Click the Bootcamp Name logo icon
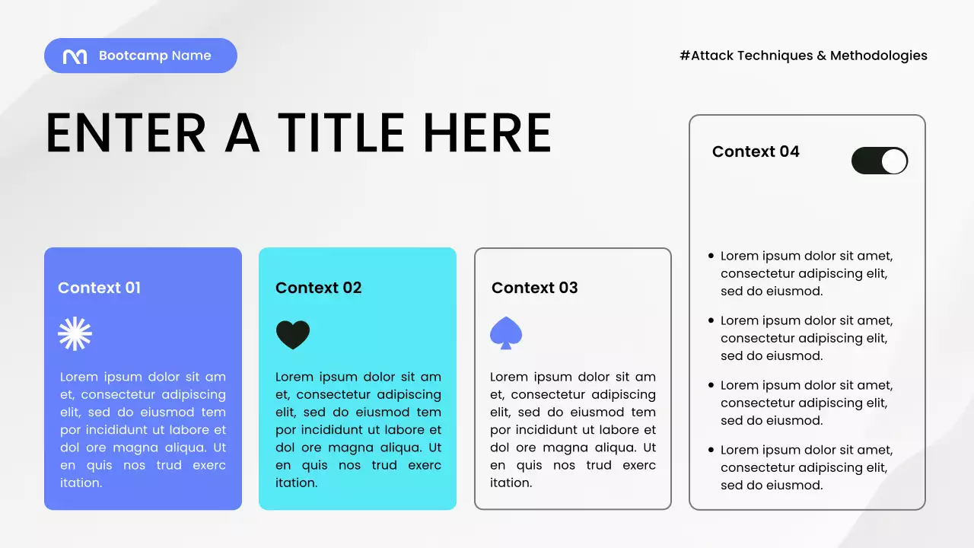[75, 56]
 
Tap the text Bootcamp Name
[155, 56]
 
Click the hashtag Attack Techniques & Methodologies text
[804, 56]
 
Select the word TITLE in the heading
[341, 133]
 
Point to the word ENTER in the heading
[126, 133]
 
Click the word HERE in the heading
[487, 133]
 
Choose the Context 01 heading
[99, 288]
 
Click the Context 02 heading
[318, 288]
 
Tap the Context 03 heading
[534, 288]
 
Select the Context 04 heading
[756, 151]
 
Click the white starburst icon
[75, 334]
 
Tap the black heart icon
[293, 334]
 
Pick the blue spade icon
[506, 333]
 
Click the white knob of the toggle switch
[894, 161]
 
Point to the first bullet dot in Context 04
[711, 256]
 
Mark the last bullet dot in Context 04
[711, 451]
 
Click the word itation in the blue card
[81, 483]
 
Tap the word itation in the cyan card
[296, 483]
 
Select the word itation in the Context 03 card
[511, 483]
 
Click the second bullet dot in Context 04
[711, 321]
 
